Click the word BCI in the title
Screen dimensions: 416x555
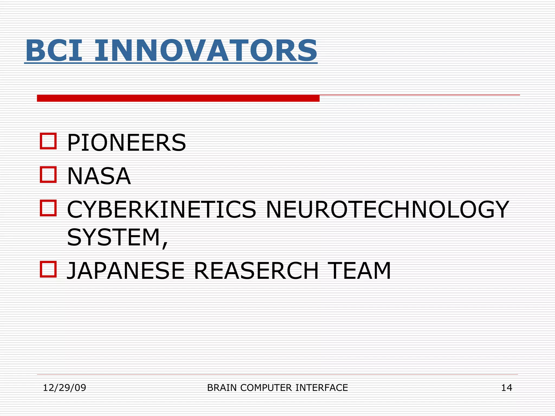pyautogui.click(x=53, y=51)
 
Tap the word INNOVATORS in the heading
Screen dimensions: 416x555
pyautogui.click(x=206, y=51)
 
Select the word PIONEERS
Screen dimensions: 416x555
pyautogui.click(x=126, y=143)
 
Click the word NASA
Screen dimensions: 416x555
pyautogui.click(x=99, y=176)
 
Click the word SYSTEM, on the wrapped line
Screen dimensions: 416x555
pyautogui.click(x=117, y=238)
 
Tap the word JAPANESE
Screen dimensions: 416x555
pyautogui.click(x=125, y=271)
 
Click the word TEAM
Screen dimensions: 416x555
pyautogui.click(x=359, y=271)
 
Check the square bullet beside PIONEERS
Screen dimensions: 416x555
pyautogui.click(x=48, y=141)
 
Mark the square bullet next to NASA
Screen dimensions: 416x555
pyautogui.click(x=48, y=175)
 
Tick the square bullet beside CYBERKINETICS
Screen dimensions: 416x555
pyautogui.click(x=48, y=208)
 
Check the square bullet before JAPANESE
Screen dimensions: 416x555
pyautogui.click(x=48, y=269)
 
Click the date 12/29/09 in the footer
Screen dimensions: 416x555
pyautogui.click(x=64, y=388)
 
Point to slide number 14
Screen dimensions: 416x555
pyautogui.click(x=506, y=388)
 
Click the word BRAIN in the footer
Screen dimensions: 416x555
pyautogui.click(x=222, y=388)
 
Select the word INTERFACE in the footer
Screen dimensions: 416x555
pyautogui.click(x=321, y=388)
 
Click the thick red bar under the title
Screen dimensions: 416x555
pyautogui.click(x=178, y=98)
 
